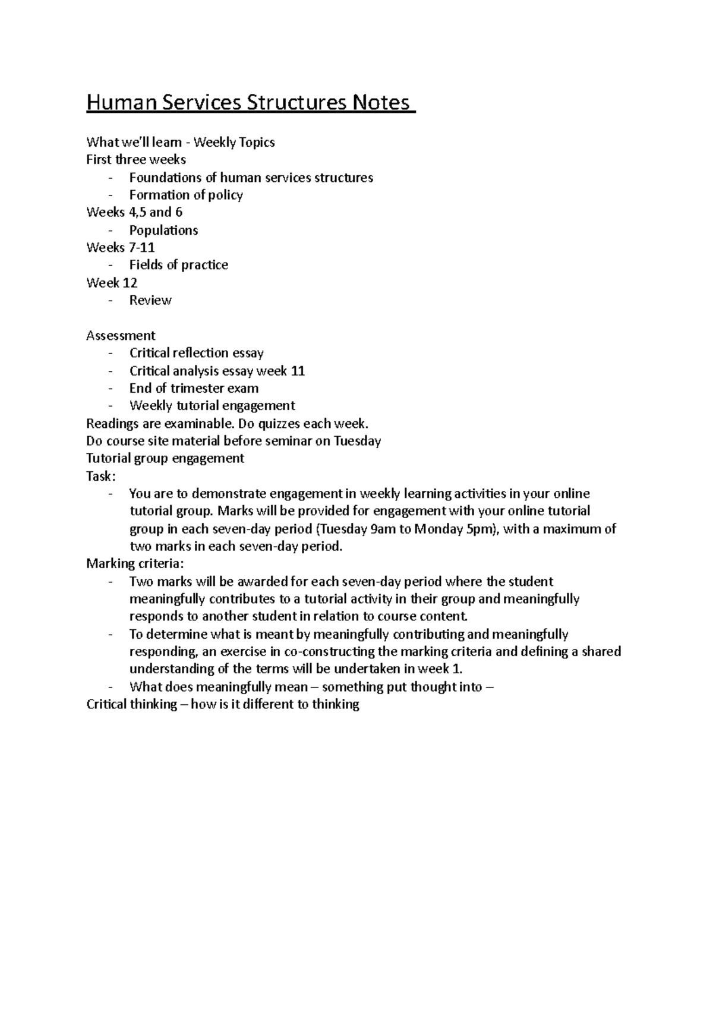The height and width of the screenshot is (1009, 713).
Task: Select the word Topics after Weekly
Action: tap(256, 143)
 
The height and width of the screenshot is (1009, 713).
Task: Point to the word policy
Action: tap(225, 196)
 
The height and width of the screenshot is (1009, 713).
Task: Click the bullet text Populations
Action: tap(163, 231)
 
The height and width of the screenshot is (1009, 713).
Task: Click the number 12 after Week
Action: tap(130, 283)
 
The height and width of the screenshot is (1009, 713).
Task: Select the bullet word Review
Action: tap(150, 301)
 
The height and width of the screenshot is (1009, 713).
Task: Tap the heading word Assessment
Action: tap(121, 336)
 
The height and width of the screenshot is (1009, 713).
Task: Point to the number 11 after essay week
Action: tap(298, 371)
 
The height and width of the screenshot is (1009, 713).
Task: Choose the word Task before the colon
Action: tap(99, 477)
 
